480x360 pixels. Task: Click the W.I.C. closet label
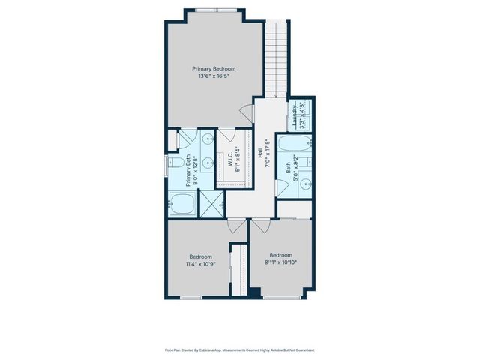[x=229, y=159]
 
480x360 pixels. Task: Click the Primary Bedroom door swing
[x=246, y=115]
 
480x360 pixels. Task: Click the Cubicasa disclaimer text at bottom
[x=239, y=349]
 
